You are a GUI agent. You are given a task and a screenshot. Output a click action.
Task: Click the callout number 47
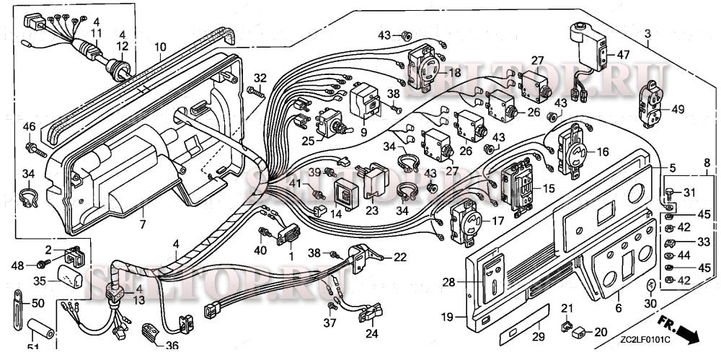624,54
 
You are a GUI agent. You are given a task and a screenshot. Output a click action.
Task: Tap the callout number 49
678,110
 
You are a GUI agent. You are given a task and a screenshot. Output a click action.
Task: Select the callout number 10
160,48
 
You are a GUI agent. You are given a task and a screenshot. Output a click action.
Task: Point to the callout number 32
260,78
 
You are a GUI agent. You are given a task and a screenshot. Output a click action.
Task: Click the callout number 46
29,127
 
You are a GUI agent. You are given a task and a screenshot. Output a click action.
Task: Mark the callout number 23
372,211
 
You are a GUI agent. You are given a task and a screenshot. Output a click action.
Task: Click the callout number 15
549,188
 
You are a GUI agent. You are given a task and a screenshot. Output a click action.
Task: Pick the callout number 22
399,258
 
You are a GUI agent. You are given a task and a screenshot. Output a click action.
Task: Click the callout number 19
446,317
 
